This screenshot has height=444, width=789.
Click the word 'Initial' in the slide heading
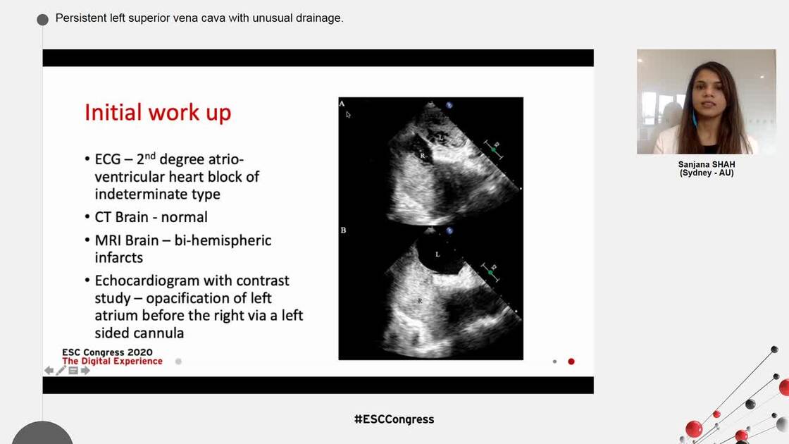111,113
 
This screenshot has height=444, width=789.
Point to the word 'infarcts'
118,257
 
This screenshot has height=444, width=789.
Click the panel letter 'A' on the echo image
342,104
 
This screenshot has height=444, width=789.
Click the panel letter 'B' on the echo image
343,230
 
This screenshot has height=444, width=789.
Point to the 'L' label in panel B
437,254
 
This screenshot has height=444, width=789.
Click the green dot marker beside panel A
493,150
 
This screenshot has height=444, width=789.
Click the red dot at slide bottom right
571,362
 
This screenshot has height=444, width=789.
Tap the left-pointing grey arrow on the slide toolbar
49,371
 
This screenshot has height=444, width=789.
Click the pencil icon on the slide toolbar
61,371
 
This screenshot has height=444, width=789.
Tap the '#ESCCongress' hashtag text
394,419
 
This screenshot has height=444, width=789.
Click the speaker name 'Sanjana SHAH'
706,164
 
